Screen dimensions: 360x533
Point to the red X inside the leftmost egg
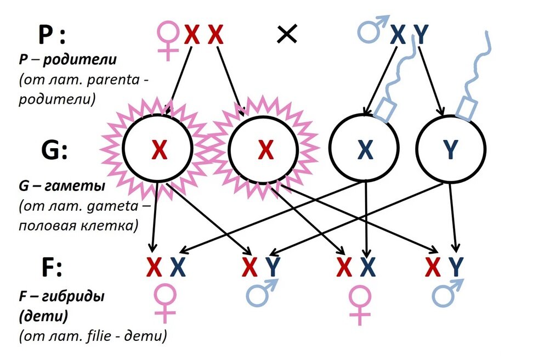pyautogui.click(x=158, y=149)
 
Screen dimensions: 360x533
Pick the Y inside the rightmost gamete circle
pyautogui.click(x=450, y=149)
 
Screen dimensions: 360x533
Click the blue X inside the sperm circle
pyautogui.click(x=364, y=149)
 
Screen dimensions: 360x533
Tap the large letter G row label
pyautogui.click(x=53, y=149)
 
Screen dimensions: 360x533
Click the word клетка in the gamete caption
pyautogui.click(x=112, y=225)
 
